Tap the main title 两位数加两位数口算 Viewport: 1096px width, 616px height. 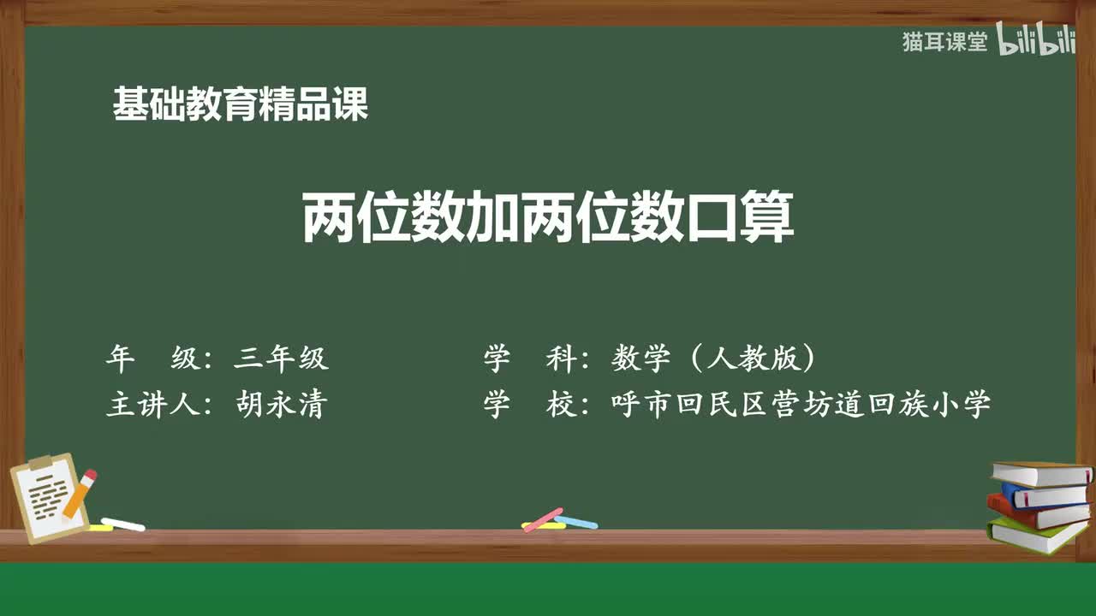pyautogui.click(x=548, y=219)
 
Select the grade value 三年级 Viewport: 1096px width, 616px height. pyautogui.click(x=281, y=358)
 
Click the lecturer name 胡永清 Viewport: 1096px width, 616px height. pyautogui.click(x=281, y=405)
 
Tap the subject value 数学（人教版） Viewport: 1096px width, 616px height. pyautogui.click(x=713, y=358)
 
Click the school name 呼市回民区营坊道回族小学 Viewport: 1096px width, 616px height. pyautogui.click(x=801, y=405)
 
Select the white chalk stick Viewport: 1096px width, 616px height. pyautogui.click(x=123, y=524)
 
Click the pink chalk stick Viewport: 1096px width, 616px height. pyautogui.click(x=543, y=519)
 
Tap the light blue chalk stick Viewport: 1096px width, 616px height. pyautogui.click(x=576, y=522)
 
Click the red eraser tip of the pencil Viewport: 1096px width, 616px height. pyautogui.click(x=90, y=475)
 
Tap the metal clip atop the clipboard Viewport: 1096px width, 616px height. pyautogui.click(x=41, y=463)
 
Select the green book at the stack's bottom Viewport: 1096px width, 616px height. pyautogui.click(x=1036, y=535)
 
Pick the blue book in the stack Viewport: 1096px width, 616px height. pyautogui.click(x=1043, y=494)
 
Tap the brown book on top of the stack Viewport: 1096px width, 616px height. pyautogui.click(x=1039, y=473)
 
